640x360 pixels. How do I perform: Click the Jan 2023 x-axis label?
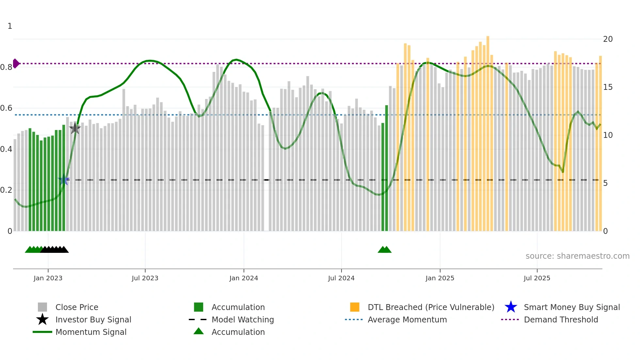click(48, 278)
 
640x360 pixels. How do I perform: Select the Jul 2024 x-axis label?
click(341, 278)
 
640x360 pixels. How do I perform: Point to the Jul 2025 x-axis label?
click(537, 278)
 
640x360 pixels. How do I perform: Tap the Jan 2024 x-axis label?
click(244, 278)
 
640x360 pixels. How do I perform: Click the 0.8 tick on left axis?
click(6, 67)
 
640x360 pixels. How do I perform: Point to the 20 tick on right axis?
click(608, 39)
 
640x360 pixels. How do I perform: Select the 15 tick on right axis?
click(608, 87)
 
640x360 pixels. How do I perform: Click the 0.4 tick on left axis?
click(6, 149)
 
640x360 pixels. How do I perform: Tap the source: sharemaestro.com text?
click(577, 256)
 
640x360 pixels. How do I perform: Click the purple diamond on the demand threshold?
click(16, 63)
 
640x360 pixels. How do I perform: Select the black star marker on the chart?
click(75, 128)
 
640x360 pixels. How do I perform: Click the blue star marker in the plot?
click(64, 180)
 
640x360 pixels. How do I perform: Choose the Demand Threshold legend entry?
click(561, 319)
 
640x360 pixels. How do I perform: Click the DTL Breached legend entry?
click(431, 307)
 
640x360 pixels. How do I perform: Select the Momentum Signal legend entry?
click(91, 332)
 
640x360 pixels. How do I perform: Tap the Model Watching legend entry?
click(242, 319)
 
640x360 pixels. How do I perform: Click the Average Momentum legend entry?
click(407, 319)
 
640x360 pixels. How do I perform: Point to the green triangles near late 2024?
click(384, 250)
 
